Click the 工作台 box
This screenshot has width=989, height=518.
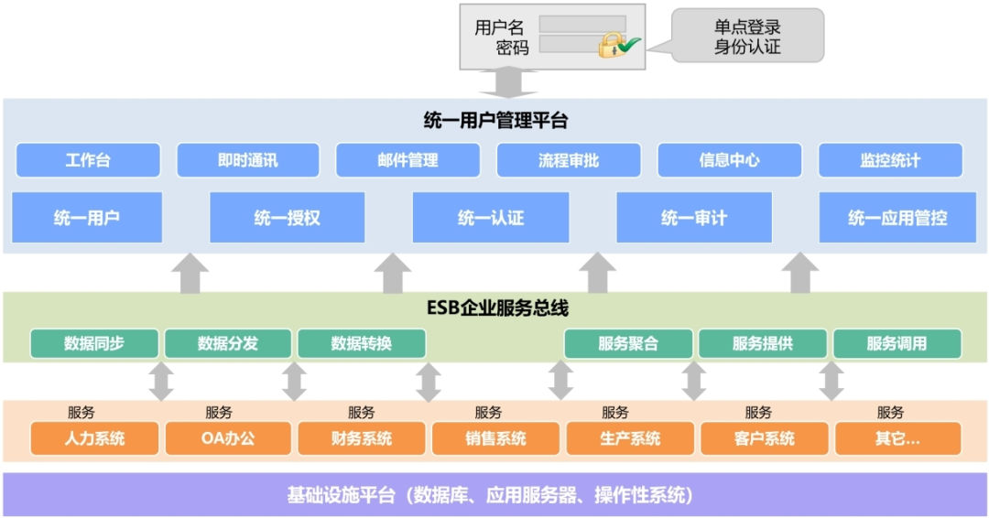[x=88, y=160]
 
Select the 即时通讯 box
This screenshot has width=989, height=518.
[x=248, y=160]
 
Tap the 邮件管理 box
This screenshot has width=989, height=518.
[x=408, y=160]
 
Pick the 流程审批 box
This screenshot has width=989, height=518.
[x=568, y=160]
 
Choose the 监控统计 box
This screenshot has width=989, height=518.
[x=890, y=160]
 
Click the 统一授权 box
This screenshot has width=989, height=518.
[x=287, y=218]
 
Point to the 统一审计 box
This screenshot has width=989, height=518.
[x=693, y=218]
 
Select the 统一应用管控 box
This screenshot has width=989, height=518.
[x=897, y=218]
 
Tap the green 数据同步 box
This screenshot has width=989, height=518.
[x=94, y=344]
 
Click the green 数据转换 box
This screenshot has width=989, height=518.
[x=362, y=344]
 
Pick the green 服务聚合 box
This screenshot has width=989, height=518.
[x=628, y=344]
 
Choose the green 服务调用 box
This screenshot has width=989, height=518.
[x=897, y=344]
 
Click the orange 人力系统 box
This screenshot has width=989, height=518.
[x=94, y=438]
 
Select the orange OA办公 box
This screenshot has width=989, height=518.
[x=228, y=438]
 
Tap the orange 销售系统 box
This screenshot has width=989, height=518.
[x=495, y=438]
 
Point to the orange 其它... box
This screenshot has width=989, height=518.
[x=897, y=438]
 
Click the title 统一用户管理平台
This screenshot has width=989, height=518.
[x=495, y=120]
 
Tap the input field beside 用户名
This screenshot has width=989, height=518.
[x=581, y=25]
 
